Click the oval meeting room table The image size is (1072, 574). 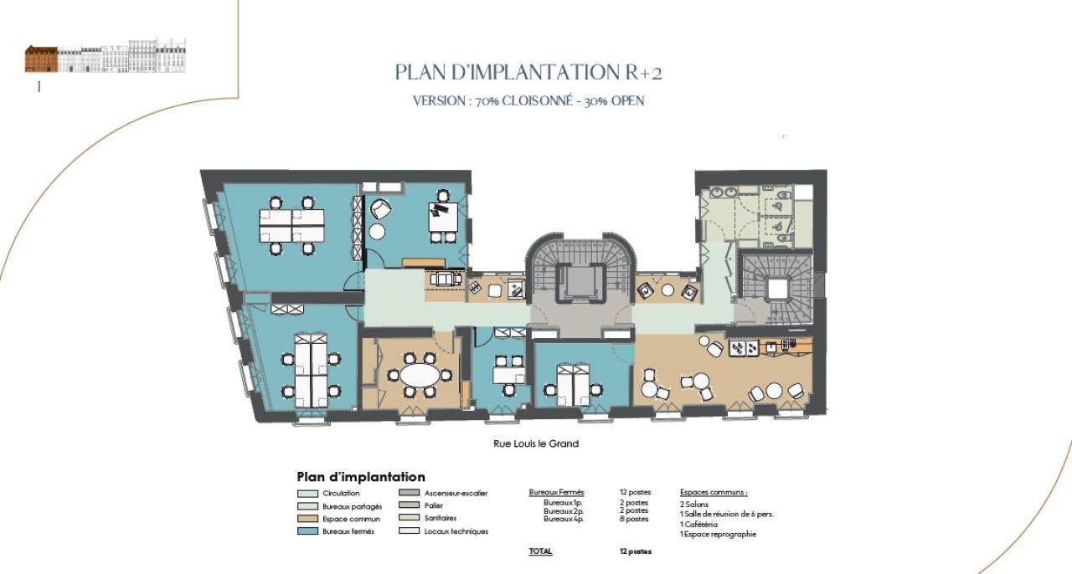(x=418, y=375)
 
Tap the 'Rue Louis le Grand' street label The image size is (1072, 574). (x=536, y=443)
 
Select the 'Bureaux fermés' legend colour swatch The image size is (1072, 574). (x=307, y=531)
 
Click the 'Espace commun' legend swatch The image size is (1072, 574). (x=307, y=519)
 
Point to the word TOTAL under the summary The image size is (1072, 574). (x=540, y=551)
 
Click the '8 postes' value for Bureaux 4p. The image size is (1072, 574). (x=633, y=519)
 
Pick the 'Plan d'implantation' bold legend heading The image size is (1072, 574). (x=361, y=477)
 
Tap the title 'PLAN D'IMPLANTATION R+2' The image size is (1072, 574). (x=528, y=73)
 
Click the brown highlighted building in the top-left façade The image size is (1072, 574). (x=41, y=59)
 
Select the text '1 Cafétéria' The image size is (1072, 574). (x=698, y=525)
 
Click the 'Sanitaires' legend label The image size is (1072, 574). (x=441, y=519)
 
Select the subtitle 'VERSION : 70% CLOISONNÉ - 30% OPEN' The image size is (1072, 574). (x=528, y=101)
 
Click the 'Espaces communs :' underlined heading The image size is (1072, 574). (x=714, y=493)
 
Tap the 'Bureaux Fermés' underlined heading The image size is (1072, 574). (x=557, y=493)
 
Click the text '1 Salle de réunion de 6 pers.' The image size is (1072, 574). (x=726, y=515)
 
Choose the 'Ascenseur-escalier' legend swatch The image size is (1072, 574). (x=409, y=494)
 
